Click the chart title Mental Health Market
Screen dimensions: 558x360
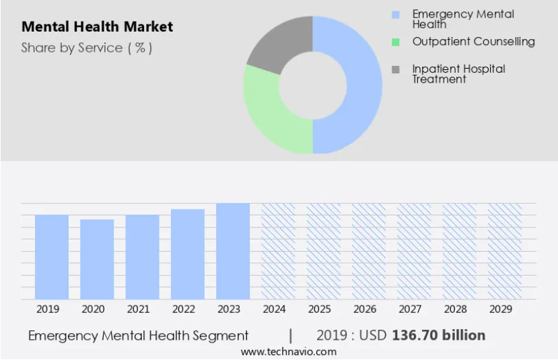click(x=97, y=27)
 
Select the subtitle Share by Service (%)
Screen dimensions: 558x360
click(x=86, y=48)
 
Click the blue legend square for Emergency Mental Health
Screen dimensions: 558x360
click(x=395, y=15)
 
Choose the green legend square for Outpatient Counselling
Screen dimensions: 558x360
click(x=395, y=42)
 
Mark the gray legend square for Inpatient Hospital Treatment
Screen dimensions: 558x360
click(x=395, y=69)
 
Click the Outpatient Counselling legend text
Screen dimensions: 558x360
click(x=474, y=42)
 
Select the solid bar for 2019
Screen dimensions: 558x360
click(x=52, y=257)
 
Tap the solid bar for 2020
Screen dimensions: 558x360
click(x=97, y=259)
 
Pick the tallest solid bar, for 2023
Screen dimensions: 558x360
click(x=233, y=251)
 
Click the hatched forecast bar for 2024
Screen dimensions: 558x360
click(x=278, y=251)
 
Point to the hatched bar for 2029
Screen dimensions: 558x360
click(x=505, y=251)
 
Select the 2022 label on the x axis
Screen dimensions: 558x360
click(x=184, y=309)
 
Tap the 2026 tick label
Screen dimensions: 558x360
click(x=365, y=309)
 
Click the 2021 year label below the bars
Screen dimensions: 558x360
click(x=139, y=309)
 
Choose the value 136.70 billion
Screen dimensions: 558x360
click(x=439, y=336)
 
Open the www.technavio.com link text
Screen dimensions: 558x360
click(x=289, y=352)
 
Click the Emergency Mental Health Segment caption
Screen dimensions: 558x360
click(x=138, y=336)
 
